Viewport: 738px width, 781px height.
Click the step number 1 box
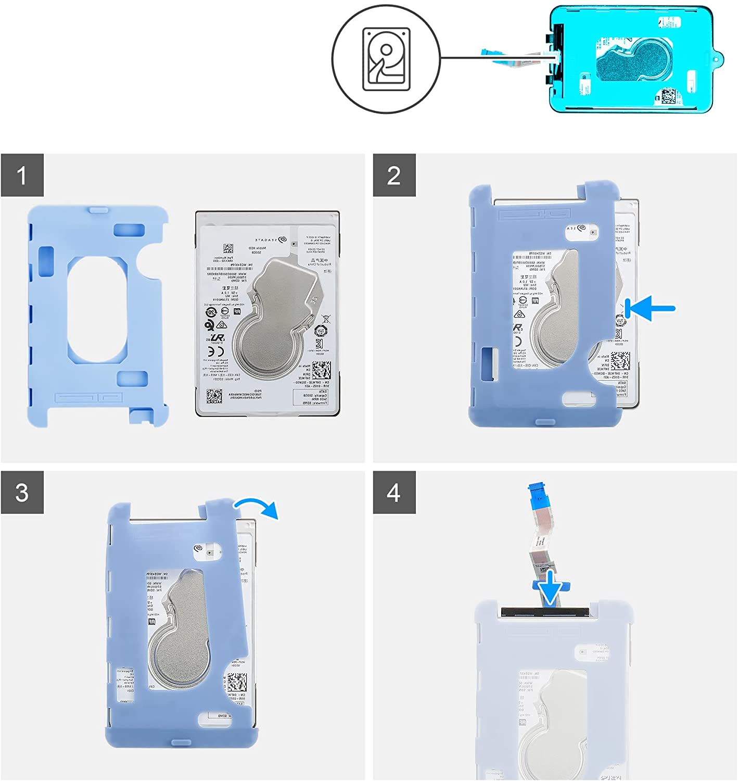(x=22, y=175)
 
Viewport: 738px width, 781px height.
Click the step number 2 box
(x=394, y=175)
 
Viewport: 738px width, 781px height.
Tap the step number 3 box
(x=22, y=493)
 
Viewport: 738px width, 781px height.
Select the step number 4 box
(x=394, y=493)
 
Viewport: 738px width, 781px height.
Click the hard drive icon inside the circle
(x=386, y=59)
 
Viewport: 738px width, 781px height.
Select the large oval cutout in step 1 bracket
(x=97, y=309)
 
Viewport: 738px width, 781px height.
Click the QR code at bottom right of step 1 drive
(x=321, y=370)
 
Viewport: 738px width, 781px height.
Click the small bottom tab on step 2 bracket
(x=544, y=421)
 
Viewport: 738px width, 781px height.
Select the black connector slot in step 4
(x=544, y=611)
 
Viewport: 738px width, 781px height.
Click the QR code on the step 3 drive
(x=237, y=682)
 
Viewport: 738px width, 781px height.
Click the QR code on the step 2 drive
(x=620, y=360)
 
